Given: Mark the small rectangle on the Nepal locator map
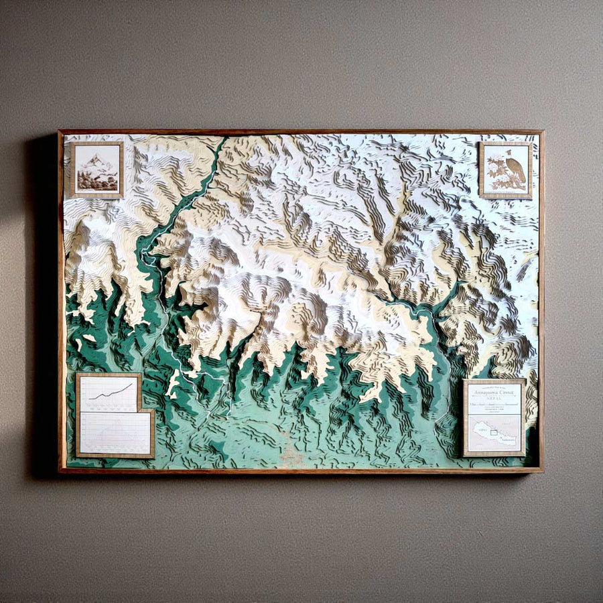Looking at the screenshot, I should [x=494, y=432].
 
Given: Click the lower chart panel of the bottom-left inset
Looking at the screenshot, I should [x=115, y=432].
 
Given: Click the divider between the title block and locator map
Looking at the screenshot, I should [x=494, y=415].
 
